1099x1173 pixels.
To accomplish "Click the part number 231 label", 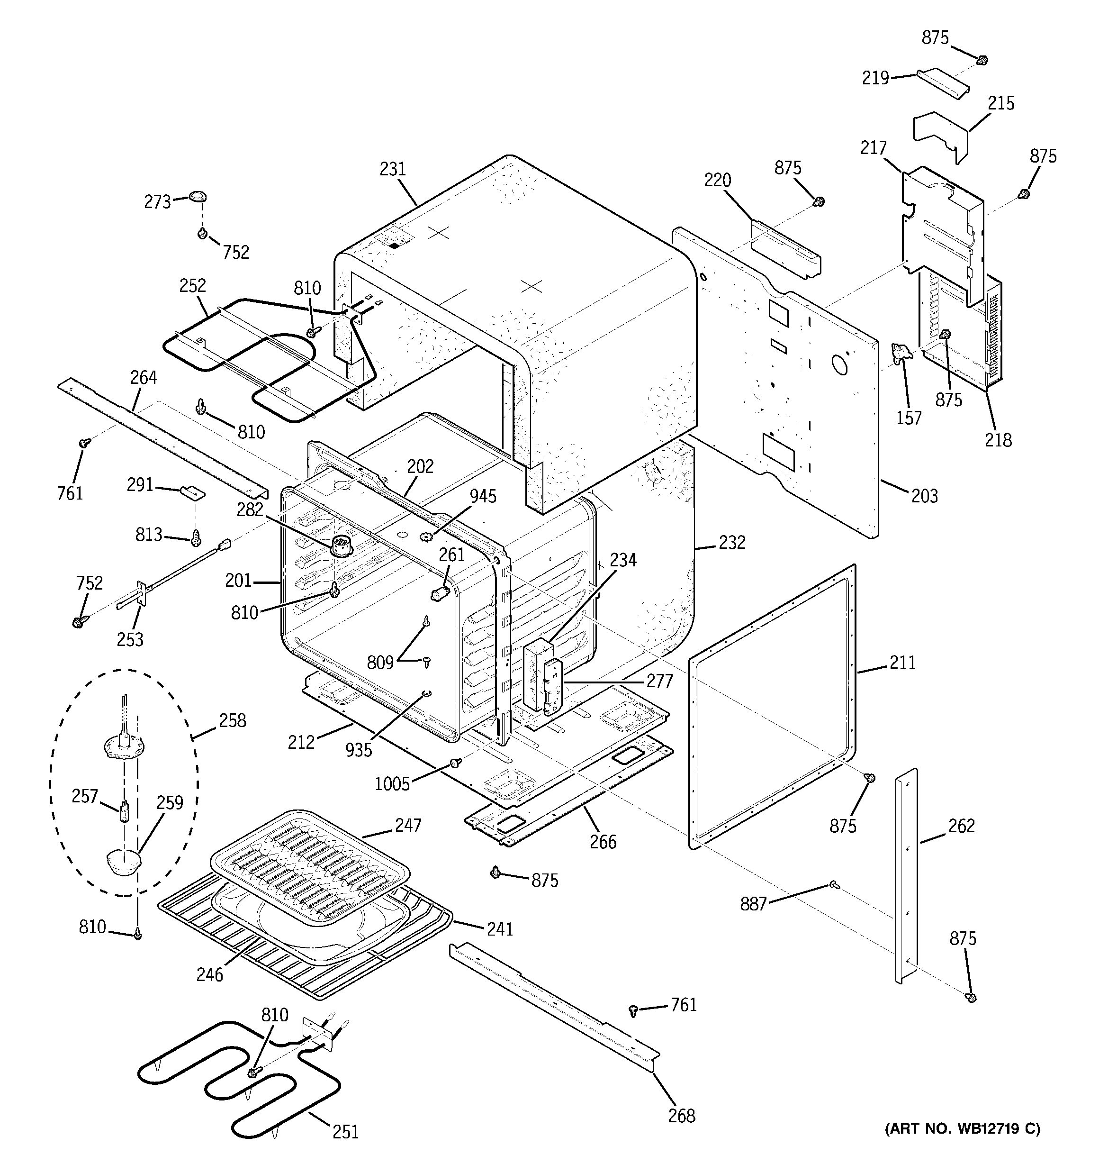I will (393, 169).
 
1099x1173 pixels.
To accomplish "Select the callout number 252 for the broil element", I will (193, 286).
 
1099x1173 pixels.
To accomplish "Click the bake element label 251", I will (345, 1131).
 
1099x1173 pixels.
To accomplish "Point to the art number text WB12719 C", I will (962, 1129).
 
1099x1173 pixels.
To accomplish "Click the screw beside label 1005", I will (455, 764).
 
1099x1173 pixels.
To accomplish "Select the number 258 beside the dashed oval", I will (233, 720).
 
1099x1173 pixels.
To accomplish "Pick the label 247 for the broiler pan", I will (408, 825).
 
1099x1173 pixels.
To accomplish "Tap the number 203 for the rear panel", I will (924, 496).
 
